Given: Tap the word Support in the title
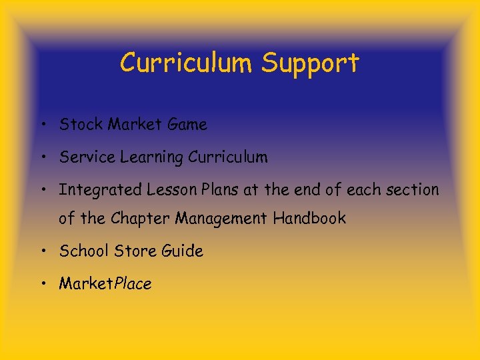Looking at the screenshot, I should pyautogui.click(x=310, y=64).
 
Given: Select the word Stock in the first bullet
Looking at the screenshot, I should pyautogui.click(x=81, y=124).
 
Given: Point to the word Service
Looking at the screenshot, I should pyautogui.click(x=87, y=157).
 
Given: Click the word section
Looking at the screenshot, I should pyautogui.click(x=413, y=190).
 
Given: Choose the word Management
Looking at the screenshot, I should pyautogui.click(x=219, y=219).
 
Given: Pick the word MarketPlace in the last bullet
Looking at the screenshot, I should pyautogui.click(x=105, y=283).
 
